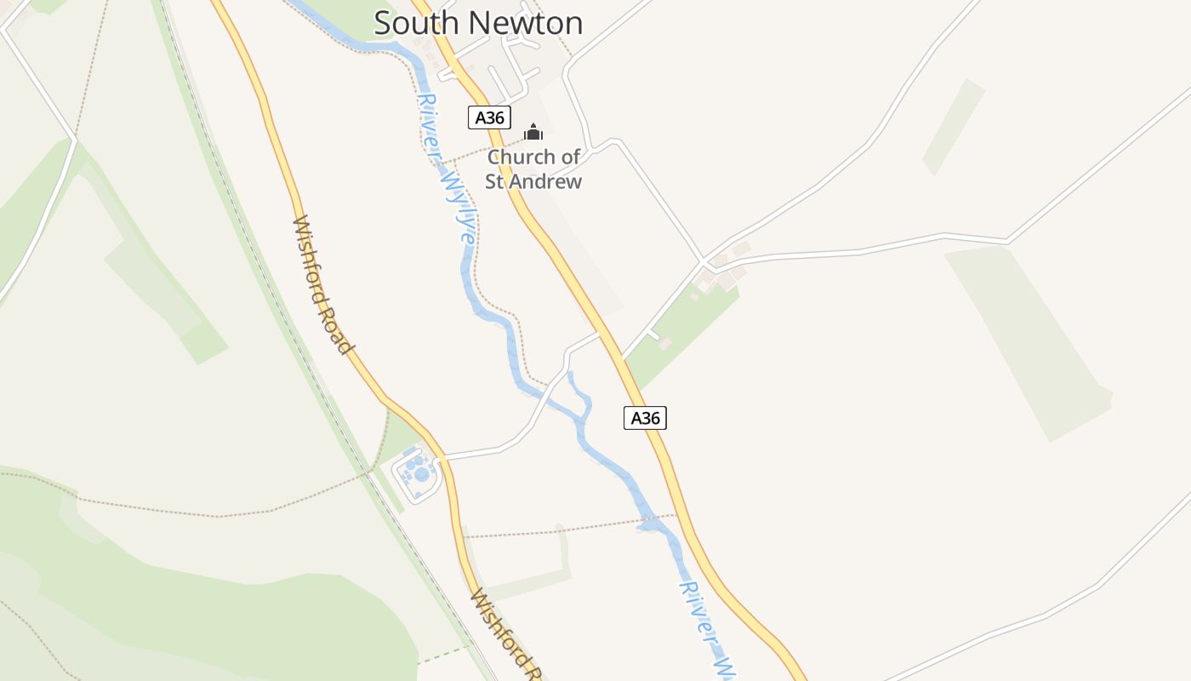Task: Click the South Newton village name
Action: (x=478, y=23)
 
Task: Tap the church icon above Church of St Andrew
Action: (x=533, y=132)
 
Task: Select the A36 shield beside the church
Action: (x=489, y=117)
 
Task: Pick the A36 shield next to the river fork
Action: (x=645, y=418)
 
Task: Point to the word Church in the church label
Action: (x=521, y=157)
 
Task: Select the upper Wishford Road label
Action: (x=322, y=284)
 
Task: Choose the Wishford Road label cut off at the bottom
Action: (x=505, y=634)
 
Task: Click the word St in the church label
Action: (x=496, y=181)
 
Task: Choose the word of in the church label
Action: (x=571, y=157)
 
